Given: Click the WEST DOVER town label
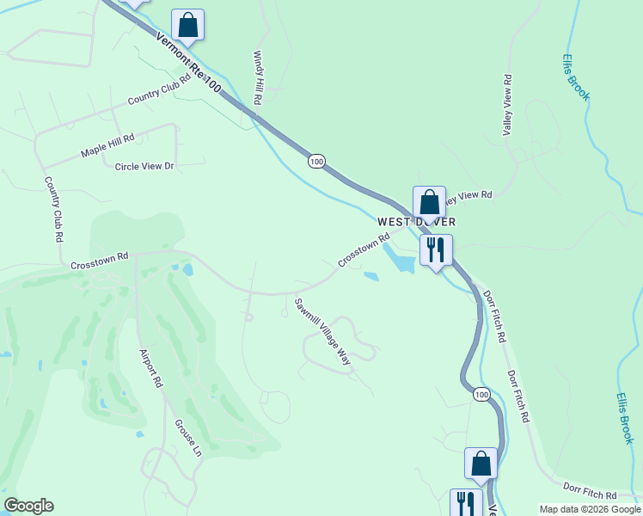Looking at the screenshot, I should pos(416,222).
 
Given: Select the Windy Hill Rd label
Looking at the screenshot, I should pos(257,77).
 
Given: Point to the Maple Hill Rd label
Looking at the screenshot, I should pos(108,144).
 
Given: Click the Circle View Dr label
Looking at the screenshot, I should pos(144,166).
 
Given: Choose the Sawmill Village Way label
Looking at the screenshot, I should pos(323,332).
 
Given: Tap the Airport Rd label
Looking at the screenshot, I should pos(150,368).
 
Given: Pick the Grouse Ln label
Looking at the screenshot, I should pos(188,438).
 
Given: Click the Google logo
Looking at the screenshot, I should pos(28,506).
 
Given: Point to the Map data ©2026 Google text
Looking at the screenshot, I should pos(590,509).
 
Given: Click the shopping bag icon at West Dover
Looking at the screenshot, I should pos(429,203).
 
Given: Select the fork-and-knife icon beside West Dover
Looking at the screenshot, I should pos(436,250).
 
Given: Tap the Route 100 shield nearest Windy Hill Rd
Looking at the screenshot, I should pos(317,161).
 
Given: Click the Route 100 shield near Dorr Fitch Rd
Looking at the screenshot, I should pos(481,394).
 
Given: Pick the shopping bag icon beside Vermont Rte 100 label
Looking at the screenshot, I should pos(187,26).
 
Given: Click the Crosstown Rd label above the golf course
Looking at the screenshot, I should pos(99,256).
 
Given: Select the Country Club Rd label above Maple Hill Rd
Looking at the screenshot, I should pos(158,89).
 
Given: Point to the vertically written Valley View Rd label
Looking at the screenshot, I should pos(507,105).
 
